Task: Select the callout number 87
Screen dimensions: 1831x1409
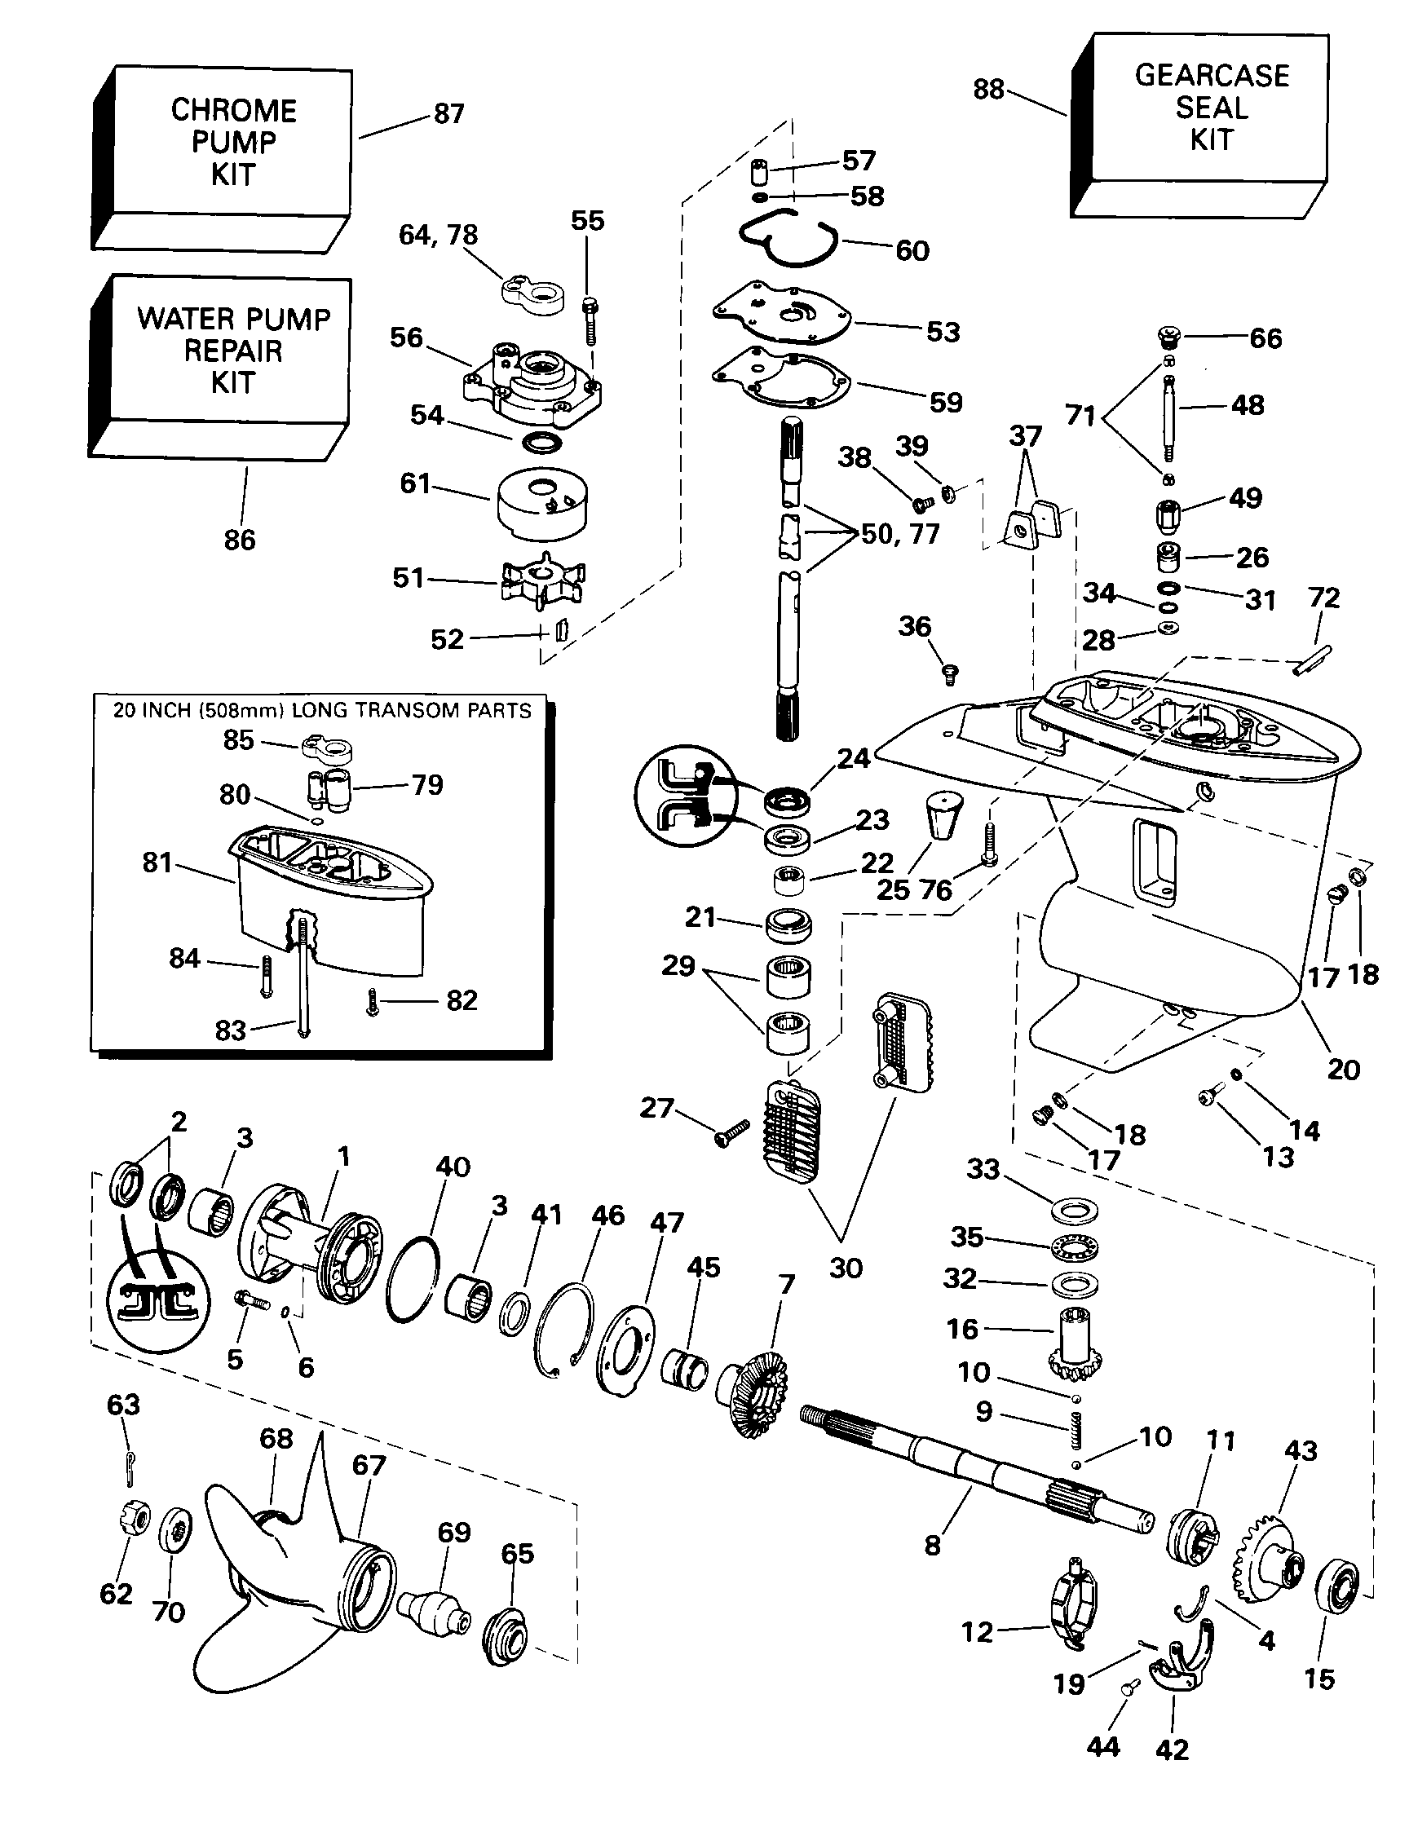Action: [448, 113]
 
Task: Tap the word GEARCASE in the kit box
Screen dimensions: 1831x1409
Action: [1211, 76]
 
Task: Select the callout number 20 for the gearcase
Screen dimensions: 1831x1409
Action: [1343, 1069]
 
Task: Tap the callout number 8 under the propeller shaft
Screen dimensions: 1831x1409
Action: [933, 1545]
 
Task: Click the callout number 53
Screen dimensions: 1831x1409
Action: [943, 331]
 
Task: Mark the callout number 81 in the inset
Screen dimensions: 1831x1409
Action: [157, 862]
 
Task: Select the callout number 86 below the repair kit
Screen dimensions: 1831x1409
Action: [239, 539]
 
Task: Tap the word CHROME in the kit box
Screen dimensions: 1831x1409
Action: [233, 111]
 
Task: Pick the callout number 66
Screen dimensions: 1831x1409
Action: [1265, 338]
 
